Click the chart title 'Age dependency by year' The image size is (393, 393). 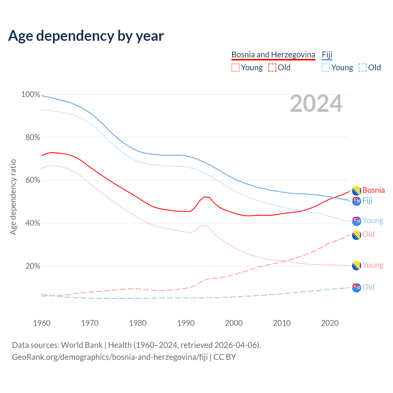(x=86, y=36)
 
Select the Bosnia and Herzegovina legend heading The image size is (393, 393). (x=273, y=55)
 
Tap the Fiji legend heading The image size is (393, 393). (x=327, y=55)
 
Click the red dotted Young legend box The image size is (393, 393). (x=235, y=68)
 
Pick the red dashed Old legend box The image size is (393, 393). (x=272, y=68)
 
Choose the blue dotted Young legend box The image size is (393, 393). (x=326, y=68)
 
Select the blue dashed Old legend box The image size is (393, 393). (x=362, y=68)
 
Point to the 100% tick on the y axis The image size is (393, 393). (x=31, y=95)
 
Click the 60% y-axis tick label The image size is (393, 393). (x=33, y=180)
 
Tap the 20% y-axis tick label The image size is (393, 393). (x=33, y=266)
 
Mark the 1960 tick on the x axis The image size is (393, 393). (x=42, y=323)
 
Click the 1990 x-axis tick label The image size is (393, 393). (x=186, y=323)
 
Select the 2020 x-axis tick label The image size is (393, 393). (x=330, y=323)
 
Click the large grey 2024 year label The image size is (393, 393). (x=316, y=104)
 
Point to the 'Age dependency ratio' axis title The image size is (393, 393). (x=13, y=197)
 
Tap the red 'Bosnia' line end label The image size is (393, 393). (x=373, y=190)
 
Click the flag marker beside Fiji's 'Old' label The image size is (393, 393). (x=356, y=288)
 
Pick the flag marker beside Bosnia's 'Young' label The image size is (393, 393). (x=356, y=266)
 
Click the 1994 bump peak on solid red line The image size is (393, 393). (x=205, y=197)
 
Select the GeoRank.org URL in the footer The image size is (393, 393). (x=110, y=357)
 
